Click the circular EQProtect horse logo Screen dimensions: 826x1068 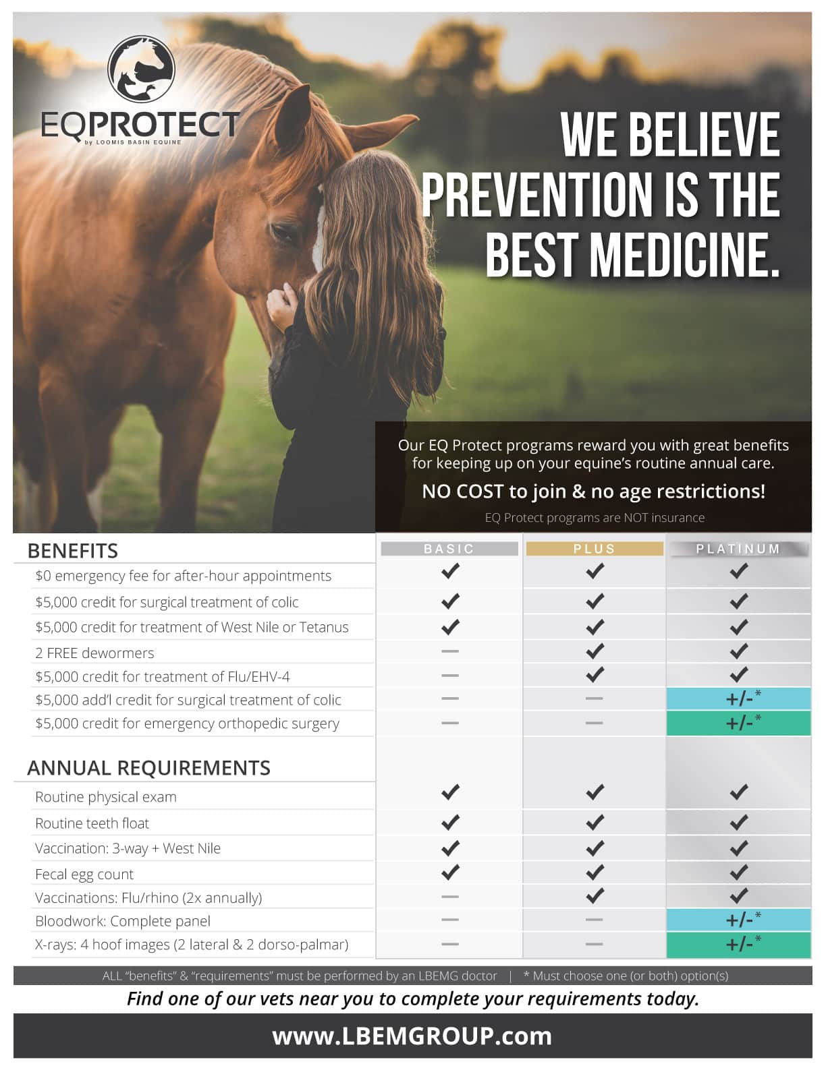point(141,68)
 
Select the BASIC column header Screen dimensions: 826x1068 point(449,549)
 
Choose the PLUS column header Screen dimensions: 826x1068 point(595,549)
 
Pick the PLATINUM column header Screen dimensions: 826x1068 point(738,549)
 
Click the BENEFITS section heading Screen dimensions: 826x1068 point(73,551)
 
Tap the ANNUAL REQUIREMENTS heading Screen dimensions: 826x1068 point(148,768)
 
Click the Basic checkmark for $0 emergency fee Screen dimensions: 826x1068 point(450,571)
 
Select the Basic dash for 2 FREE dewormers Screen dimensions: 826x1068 point(450,651)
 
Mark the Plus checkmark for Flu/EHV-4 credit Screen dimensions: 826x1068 point(595,674)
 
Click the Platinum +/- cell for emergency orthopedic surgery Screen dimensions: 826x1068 point(738,723)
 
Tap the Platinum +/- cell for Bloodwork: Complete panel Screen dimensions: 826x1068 point(738,920)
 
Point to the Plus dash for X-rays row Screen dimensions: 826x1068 point(595,944)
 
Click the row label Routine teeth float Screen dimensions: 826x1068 point(92,823)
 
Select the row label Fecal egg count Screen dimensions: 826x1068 point(84,874)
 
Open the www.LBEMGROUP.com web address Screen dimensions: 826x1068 point(412,1036)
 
